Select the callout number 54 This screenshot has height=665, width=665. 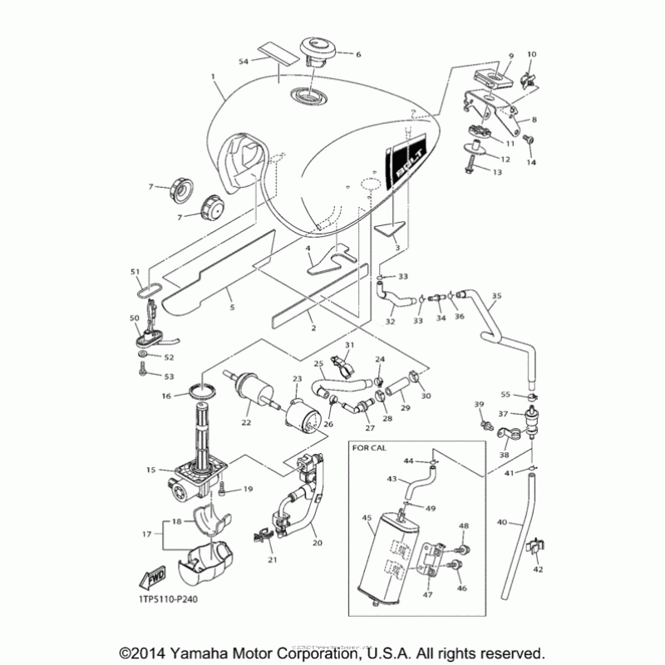243,62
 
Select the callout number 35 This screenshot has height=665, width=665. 496,295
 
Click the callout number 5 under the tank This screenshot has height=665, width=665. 232,308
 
